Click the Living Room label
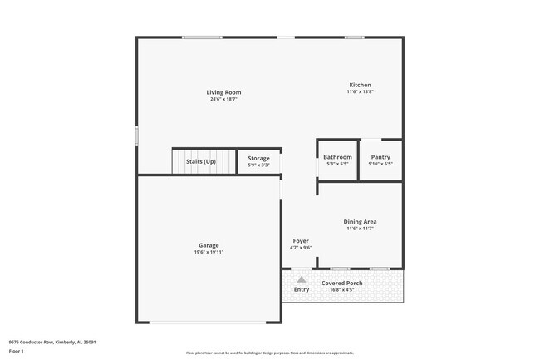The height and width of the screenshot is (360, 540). click(x=224, y=92)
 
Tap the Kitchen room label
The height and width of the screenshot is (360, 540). click(x=360, y=86)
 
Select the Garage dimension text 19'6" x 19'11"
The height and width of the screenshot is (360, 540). click(x=209, y=252)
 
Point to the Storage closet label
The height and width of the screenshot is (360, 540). click(x=258, y=158)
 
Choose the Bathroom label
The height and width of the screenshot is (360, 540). click(x=337, y=157)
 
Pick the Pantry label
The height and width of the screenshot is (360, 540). click(x=380, y=157)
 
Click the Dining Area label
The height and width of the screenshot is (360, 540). click(x=361, y=221)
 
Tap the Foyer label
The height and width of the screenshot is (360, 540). click(x=301, y=240)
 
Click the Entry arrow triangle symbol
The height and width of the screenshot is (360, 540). click(x=301, y=280)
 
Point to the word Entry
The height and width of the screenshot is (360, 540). click(x=301, y=289)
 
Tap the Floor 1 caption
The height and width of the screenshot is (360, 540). click(x=17, y=351)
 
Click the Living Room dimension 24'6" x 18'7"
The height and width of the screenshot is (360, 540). click(x=224, y=99)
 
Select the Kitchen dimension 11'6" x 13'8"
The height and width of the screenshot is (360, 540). click(x=360, y=92)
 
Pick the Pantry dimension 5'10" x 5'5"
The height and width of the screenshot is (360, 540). click(x=380, y=164)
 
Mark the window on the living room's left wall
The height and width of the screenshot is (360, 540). click(x=137, y=136)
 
